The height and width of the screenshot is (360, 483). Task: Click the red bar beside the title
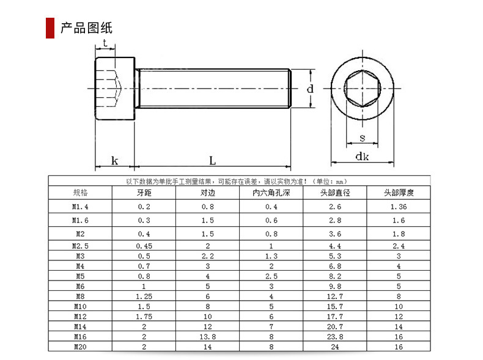click(50, 28)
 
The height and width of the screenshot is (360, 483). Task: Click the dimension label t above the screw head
click(105, 43)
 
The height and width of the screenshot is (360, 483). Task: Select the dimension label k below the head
click(114, 161)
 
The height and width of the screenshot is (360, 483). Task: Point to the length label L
click(212, 161)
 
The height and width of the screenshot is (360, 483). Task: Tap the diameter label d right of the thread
click(310, 89)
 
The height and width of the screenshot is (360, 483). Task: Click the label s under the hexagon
click(362, 138)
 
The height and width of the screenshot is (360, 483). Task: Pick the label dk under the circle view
click(362, 156)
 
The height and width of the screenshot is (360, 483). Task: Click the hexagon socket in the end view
click(362, 89)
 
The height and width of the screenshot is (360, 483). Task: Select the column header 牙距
click(144, 193)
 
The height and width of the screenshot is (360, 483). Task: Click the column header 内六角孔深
click(271, 193)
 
